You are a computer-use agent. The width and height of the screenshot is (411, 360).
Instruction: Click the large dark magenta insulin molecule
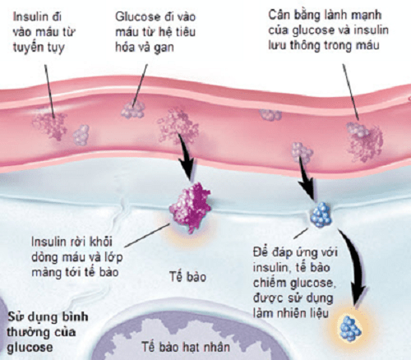click(191, 208)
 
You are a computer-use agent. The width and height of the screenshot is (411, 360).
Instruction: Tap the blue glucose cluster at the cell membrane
click(321, 215)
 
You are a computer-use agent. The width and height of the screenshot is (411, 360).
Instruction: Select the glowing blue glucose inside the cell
click(350, 329)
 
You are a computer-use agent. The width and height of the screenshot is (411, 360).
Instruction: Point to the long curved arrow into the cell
click(356, 270)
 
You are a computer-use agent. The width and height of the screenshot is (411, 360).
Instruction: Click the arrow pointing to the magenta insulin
click(187, 156)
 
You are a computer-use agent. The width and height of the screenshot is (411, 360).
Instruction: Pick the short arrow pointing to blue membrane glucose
click(307, 178)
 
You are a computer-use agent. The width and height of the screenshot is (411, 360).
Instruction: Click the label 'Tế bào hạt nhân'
click(186, 347)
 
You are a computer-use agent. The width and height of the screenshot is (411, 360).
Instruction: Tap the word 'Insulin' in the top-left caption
click(30, 16)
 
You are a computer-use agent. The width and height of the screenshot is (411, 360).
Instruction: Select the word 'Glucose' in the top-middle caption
click(136, 16)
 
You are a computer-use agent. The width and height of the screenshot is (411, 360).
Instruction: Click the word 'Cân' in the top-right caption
click(279, 15)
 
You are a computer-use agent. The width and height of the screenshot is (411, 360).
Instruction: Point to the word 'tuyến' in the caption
click(27, 47)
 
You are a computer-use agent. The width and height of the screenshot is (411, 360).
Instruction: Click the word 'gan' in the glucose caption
click(164, 48)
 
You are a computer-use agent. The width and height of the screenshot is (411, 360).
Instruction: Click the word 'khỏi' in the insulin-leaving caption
click(101, 242)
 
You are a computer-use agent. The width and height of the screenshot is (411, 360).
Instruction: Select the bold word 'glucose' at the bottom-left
click(30, 348)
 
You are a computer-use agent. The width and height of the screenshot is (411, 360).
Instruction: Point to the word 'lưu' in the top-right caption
click(277, 45)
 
